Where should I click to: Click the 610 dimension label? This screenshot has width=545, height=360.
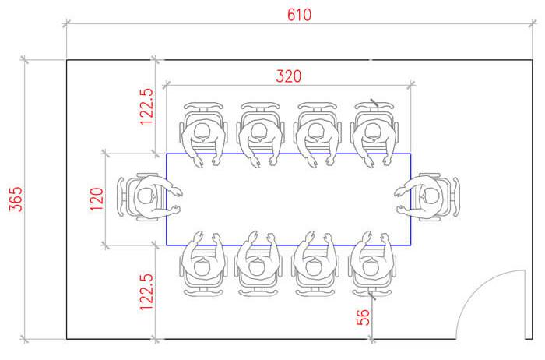pos(299,15)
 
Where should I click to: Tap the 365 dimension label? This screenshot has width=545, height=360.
pos(16,199)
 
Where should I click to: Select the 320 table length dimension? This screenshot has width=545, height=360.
pos(289,76)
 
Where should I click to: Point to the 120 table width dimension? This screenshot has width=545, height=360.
pos(97,199)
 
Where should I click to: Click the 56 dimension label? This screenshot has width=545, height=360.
pos(363,317)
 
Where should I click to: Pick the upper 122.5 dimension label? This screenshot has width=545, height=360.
pos(146,106)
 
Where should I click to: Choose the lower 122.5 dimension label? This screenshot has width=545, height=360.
pos(146,291)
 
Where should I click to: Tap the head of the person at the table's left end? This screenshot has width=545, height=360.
pos(145,196)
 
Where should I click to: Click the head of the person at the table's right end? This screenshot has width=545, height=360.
pos(431,196)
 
